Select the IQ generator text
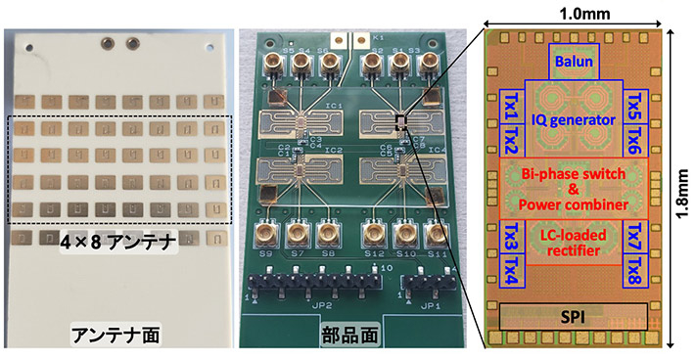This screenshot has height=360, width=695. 571,119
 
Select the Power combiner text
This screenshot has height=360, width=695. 572,204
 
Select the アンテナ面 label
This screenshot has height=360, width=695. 118,335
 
